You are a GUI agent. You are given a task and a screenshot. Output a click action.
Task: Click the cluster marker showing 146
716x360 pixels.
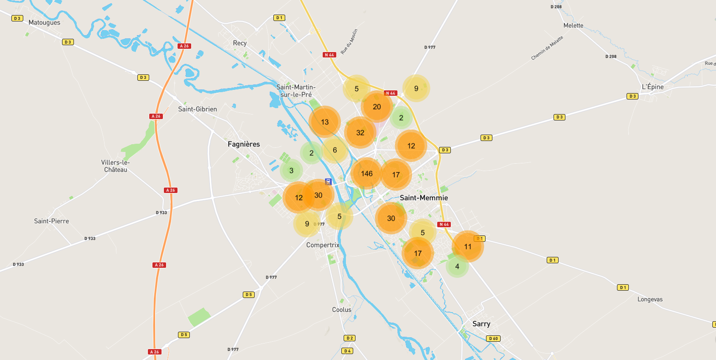[x=366, y=173]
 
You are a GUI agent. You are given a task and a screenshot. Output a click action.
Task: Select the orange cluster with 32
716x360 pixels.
[x=360, y=133]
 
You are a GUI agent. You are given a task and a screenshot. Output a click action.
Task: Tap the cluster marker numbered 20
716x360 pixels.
[x=376, y=107]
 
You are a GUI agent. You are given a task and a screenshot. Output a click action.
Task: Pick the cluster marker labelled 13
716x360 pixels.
[x=324, y=122]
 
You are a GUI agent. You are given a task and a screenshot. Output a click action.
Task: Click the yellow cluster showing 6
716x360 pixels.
[x=334, y=150]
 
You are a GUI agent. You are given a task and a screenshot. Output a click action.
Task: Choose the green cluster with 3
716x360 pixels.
[x=291, y=171]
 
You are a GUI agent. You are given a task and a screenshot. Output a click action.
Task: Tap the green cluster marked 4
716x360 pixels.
[x=457, y=266]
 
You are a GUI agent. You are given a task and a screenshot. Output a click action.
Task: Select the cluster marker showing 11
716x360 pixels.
[x=468, y=246]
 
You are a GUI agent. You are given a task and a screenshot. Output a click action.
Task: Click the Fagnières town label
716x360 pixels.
[x=244, y=144]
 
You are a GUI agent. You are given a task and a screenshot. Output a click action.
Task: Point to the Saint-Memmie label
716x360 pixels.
[x=423, y=198]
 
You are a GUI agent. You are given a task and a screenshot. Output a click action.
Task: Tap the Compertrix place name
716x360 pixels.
[x=323, y=245]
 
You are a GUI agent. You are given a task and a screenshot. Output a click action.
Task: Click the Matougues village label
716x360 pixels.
[x=44, y=22]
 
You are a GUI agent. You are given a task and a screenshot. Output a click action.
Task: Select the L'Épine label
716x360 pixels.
[x=653, y=87]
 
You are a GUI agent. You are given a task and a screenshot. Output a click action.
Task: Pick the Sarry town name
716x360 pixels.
[x=481, y=323]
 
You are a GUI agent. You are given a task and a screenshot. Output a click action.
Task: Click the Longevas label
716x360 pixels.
[x=650, y=299]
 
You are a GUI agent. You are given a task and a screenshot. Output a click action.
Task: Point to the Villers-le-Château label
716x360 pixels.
[x=115, y=166]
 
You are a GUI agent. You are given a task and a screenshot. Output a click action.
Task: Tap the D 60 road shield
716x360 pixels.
[x=493, y=339]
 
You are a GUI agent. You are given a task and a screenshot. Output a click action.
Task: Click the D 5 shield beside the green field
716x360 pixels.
[x=184, y=335]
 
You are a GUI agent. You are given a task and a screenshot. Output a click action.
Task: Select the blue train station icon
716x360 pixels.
[x=328, y=182]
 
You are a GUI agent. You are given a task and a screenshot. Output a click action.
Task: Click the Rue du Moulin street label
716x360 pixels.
[x=349, y=42]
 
